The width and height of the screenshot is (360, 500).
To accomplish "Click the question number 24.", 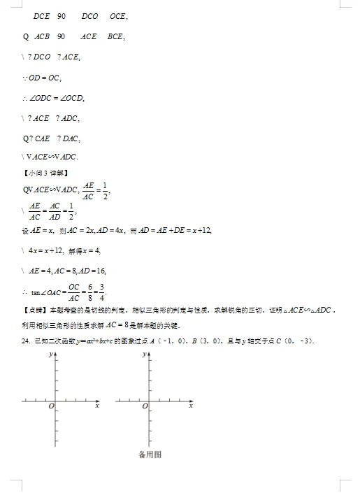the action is tap(27, 341).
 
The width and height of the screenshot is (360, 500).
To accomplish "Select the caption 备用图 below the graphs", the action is tap(150, 455).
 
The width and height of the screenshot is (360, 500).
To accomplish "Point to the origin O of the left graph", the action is tap(50, 406).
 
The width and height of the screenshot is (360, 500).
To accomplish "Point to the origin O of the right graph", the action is tap(145, 406).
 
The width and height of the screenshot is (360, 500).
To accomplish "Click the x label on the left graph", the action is tap(96, 406).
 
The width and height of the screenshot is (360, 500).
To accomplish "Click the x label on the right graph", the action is tap(190, 406).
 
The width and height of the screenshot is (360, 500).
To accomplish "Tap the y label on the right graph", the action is tap(144, 355).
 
